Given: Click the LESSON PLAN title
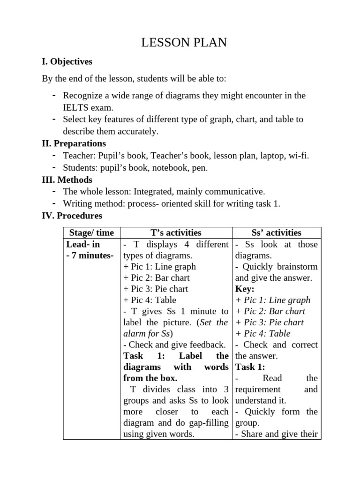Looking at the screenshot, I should click(184, 43).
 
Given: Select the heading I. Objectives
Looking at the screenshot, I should click(67, 61).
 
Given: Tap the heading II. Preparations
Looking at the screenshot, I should click(74, 143).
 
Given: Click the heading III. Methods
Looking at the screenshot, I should click(67, 180).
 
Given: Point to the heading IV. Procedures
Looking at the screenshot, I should click(72, 216).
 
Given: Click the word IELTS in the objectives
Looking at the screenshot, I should click(75, 107).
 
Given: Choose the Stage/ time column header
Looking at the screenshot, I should click(91, 233).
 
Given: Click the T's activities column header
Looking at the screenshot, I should click(176, 233).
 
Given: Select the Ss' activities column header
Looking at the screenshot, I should click(277, 233).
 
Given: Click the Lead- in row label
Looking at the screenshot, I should click(83, 244).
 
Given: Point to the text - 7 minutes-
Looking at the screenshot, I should click(90, 255).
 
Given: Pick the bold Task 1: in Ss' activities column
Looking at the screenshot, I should click(250, 367).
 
